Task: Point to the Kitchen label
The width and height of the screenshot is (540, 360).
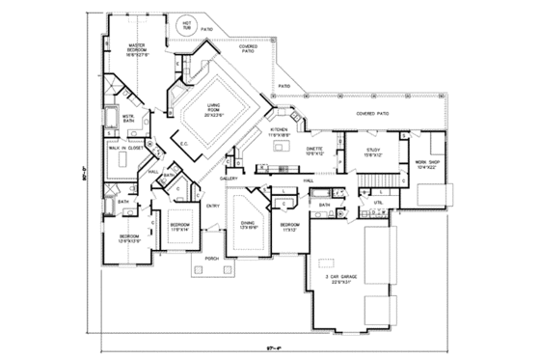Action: click(x=280, y=130)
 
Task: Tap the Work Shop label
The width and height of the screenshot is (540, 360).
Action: click(x=426, y=165)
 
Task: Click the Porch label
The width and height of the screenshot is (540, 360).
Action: click(x=212, y=259)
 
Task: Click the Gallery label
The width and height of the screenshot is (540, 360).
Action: click(x=229, y=179)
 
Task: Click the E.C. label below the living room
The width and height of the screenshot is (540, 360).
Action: click(x=183, y=144)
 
